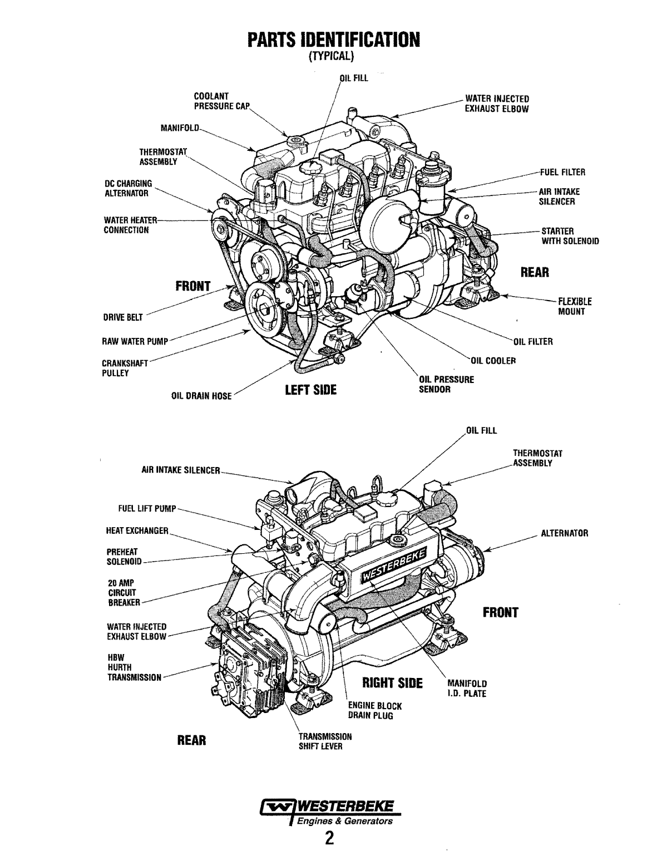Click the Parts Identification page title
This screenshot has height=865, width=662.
331,40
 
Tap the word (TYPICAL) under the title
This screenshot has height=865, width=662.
331,57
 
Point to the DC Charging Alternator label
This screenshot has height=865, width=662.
127,189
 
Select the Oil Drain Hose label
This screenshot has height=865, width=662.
201,396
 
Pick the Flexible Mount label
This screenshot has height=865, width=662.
575,307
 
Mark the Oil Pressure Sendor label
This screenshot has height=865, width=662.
446,384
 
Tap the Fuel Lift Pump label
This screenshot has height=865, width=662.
147,509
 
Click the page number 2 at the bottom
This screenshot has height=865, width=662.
330,838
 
